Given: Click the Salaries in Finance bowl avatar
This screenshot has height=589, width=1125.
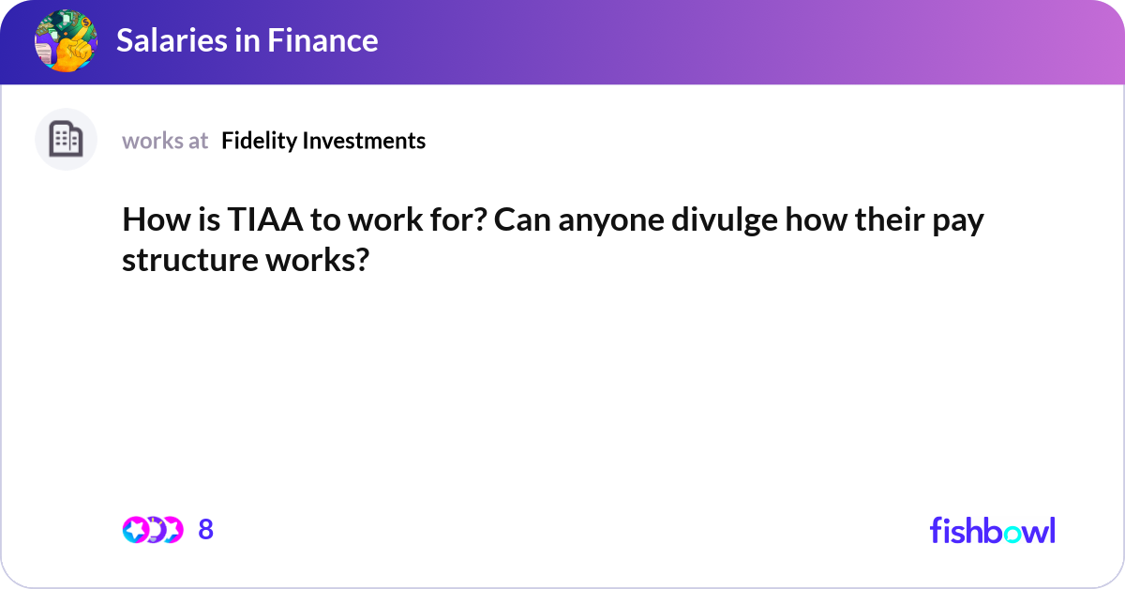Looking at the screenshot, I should (66, 41).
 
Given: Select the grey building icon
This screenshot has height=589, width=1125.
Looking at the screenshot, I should (66, 140).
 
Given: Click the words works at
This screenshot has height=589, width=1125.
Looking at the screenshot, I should (165, 141).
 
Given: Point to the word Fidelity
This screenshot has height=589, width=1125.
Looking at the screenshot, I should (260, 141).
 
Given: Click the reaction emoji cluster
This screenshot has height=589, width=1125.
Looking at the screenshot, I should (152, 530).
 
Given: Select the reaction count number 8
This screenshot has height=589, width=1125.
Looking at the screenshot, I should (206, 530).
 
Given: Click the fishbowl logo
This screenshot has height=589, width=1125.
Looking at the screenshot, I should (992, 530).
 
